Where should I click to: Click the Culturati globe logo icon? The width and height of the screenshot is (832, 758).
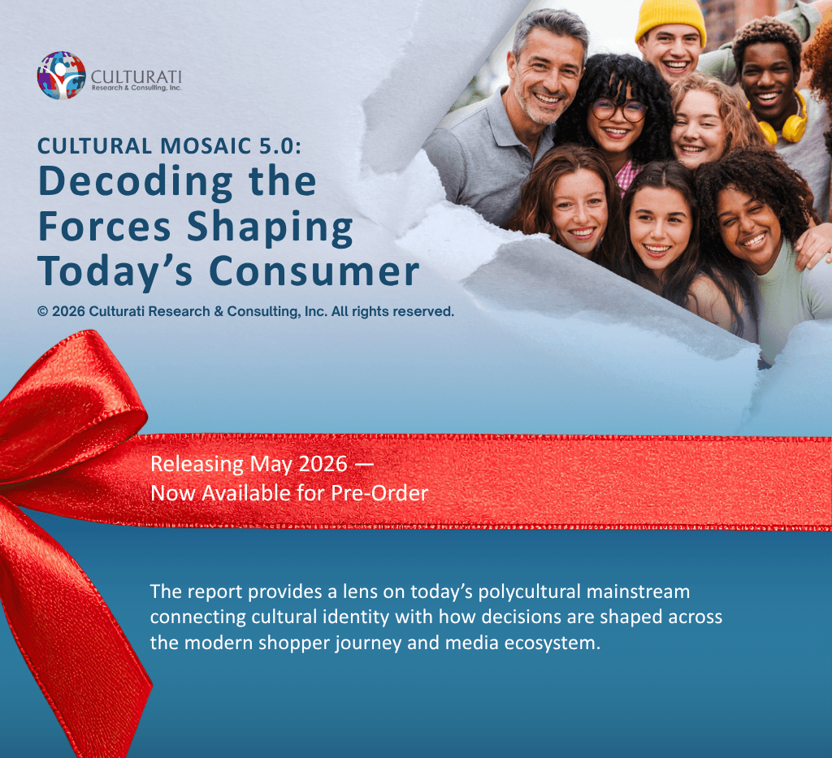pyautogui.click(x=62, y=76)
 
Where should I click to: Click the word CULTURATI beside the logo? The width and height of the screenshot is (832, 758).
pyautogui.click(x=136, y=77)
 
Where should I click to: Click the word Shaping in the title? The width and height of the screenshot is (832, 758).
pyautogui.click(x=270, y=227)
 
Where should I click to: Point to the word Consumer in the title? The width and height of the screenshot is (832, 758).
pyautogui.click(x=314, y=272)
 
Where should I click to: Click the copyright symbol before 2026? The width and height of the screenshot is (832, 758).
pyautogui.click(x=43, y=311)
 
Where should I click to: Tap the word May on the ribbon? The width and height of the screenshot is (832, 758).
pyautogui.click(x=271, y=465)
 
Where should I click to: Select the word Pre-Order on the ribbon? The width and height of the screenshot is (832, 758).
pyautogui.click(x=379, y=493)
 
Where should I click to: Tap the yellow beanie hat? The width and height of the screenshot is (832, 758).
pyautogui.click(x=670, y=18)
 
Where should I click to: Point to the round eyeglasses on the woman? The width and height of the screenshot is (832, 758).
pyautogui.click(x=618, y=110)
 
